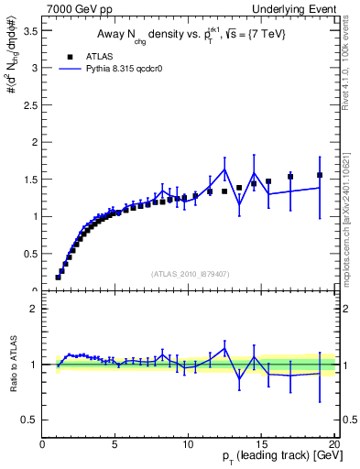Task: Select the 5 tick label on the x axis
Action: click(x=115, y=444)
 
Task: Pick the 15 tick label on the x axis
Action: click(x=261, y=444)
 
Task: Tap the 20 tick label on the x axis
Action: click(x=333, y=444)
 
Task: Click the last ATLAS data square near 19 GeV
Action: click(x=320, y=175)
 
